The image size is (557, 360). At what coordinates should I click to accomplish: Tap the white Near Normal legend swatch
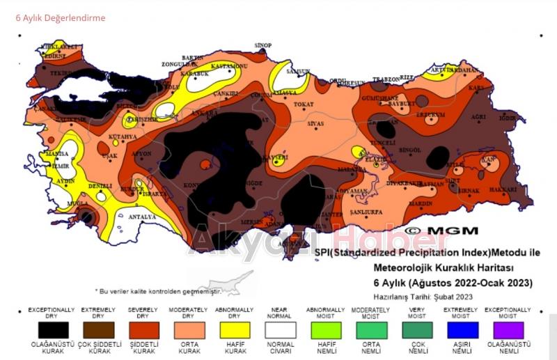tap(281, 329)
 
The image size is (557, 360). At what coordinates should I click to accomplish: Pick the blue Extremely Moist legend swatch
tap(466, 329)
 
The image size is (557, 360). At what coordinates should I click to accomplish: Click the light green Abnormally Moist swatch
tap(326, 329)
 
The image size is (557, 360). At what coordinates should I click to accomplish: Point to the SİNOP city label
tap(262, 45)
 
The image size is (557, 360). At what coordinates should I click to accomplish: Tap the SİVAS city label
tap(317, 123)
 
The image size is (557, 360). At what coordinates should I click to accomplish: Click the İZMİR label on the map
tap(61, 166)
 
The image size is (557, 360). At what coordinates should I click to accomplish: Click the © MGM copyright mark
tap(441, 230)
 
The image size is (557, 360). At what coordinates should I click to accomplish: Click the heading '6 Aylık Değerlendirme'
tap(61, 18)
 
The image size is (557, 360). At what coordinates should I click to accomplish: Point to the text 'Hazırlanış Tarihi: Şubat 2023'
tap(423, 297)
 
